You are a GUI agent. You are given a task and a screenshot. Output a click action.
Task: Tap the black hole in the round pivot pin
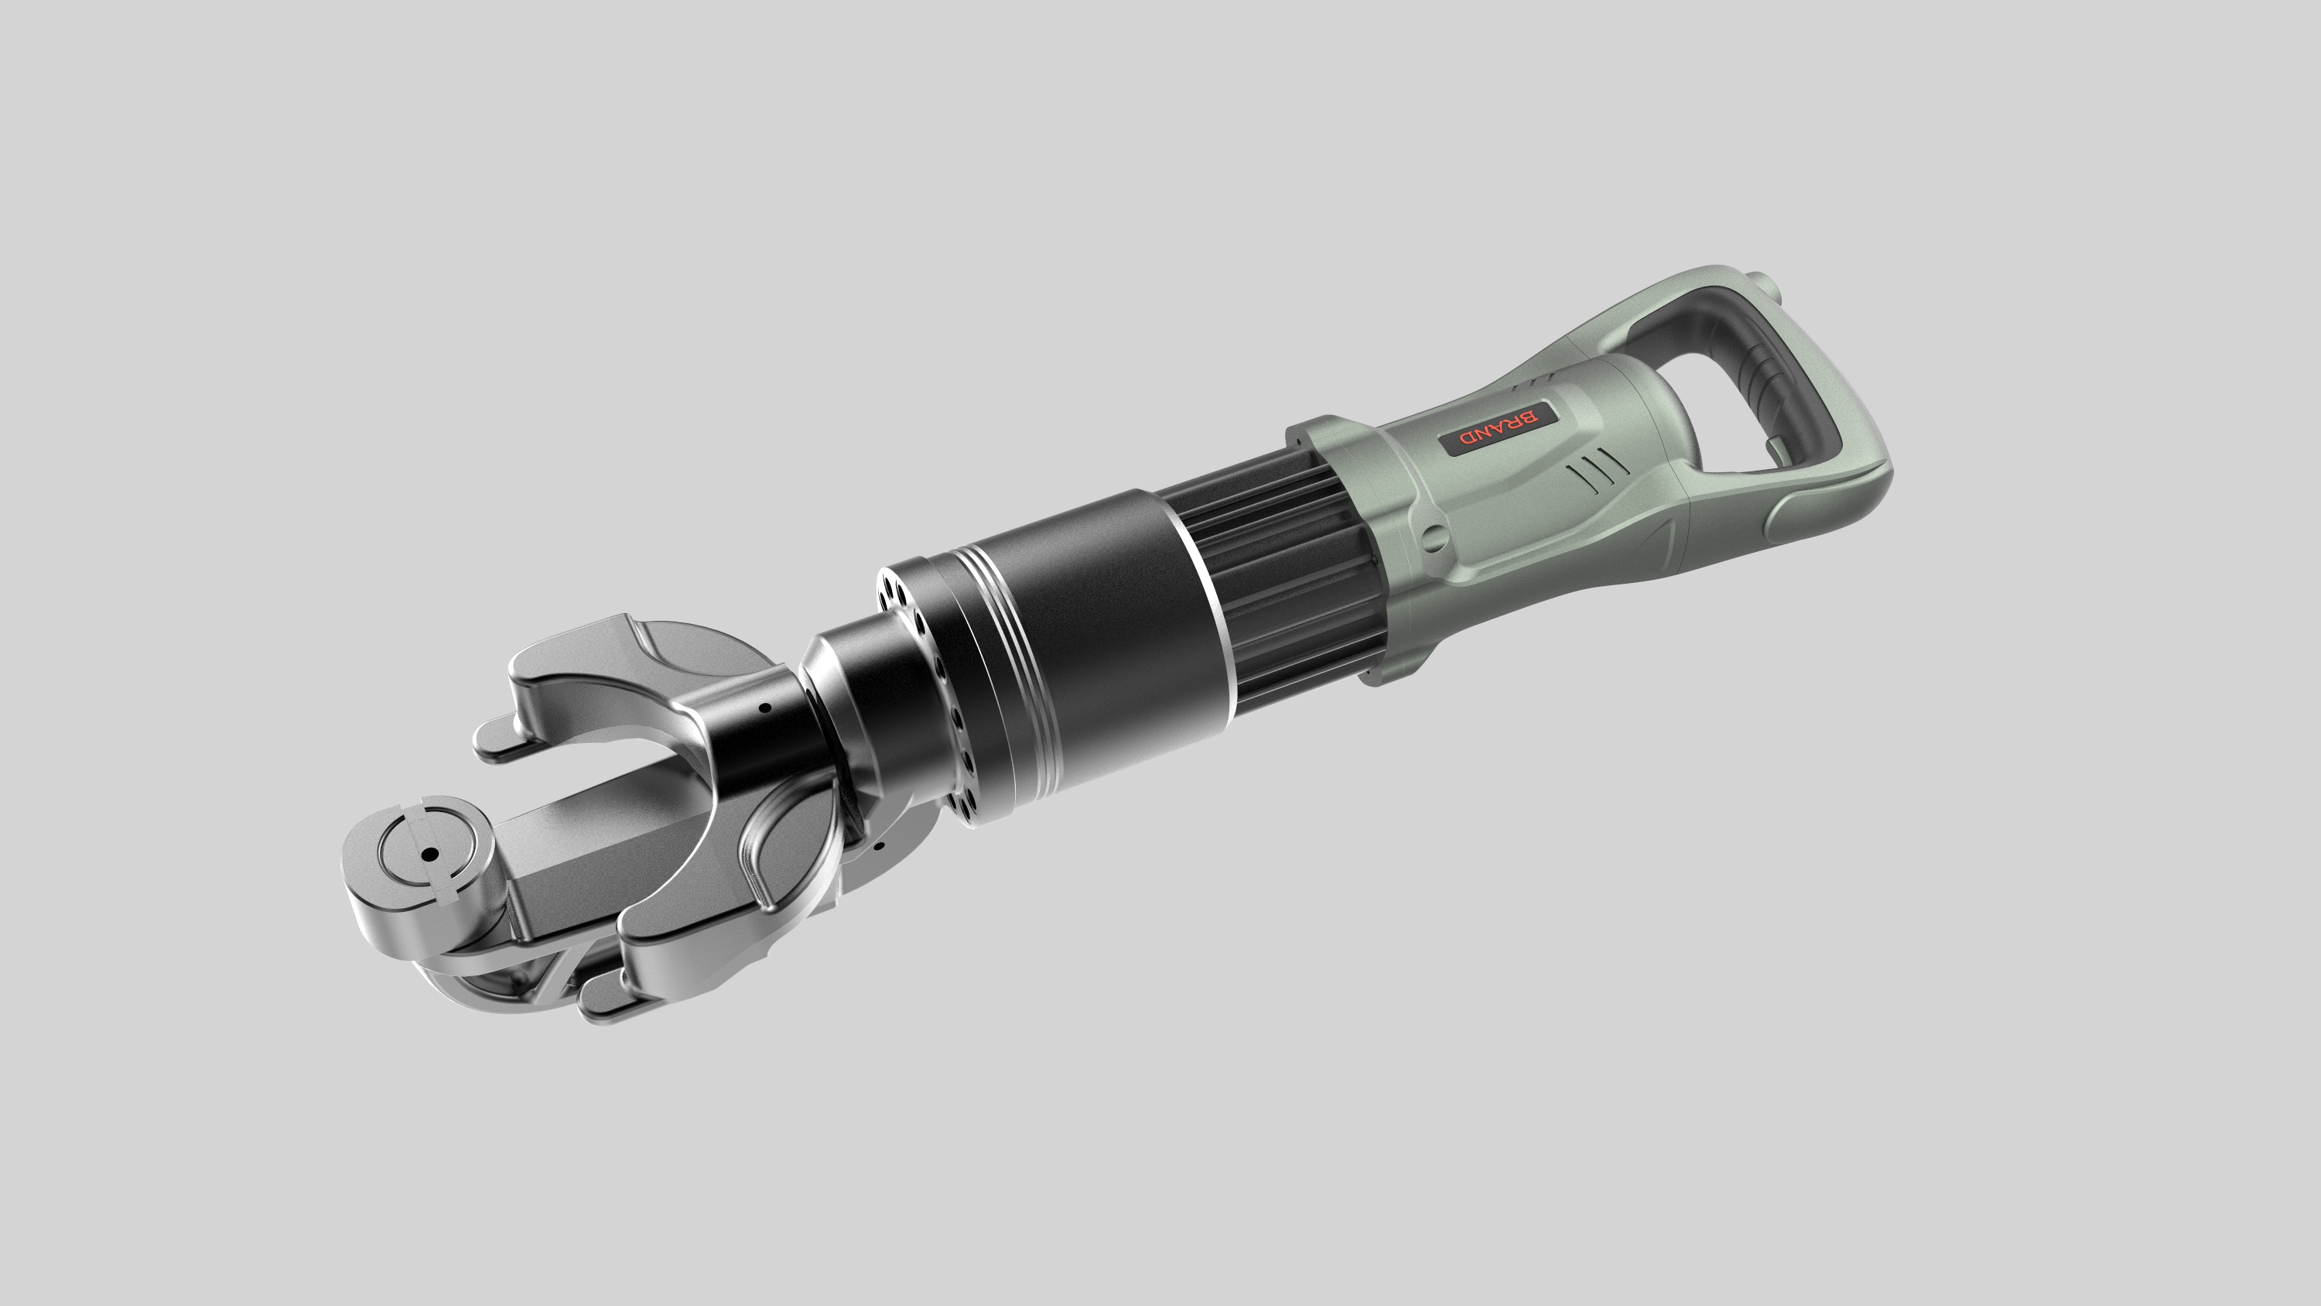pyautogui.click(x=431, y=854)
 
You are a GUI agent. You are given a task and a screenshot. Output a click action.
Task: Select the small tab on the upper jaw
pyautogui.click(x=498, y=739)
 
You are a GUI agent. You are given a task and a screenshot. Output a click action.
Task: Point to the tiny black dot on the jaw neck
pyautogui.click(x=765, y=708)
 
